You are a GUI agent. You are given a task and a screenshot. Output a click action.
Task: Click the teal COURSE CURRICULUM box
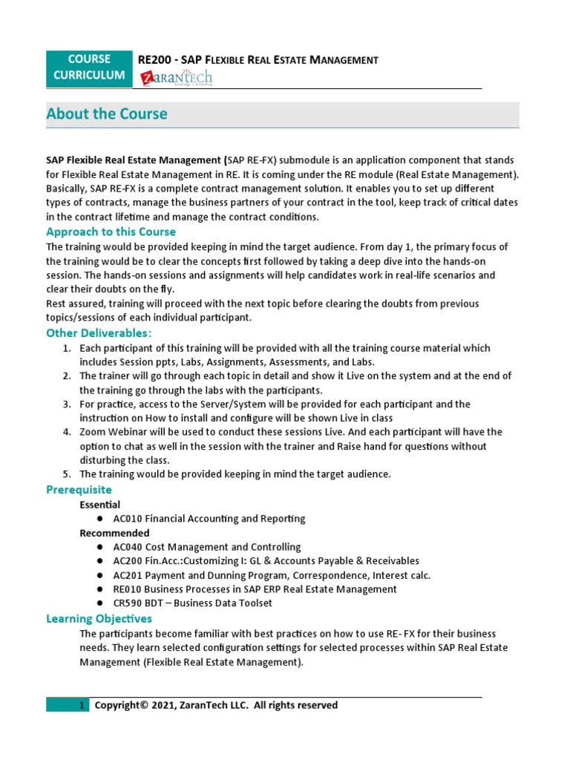90,67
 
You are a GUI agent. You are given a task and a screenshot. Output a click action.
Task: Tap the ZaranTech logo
176,78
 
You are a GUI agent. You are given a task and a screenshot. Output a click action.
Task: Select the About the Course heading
107,114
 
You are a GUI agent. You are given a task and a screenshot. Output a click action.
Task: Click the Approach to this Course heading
111,232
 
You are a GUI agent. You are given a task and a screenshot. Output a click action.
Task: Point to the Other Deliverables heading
99,332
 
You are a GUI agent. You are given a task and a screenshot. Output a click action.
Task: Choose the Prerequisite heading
79,490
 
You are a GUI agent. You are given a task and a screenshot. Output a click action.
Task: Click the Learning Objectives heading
99,618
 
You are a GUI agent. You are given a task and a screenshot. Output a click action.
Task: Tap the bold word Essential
100,505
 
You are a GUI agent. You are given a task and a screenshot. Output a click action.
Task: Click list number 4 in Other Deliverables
66,432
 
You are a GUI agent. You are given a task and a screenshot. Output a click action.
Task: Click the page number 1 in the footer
82,706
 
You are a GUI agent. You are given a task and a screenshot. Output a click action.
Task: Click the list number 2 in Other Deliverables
66,376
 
